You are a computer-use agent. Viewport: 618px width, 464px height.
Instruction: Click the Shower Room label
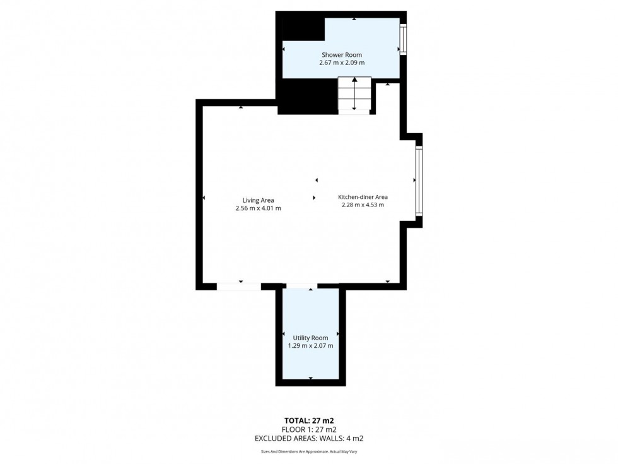[x=342, y=55]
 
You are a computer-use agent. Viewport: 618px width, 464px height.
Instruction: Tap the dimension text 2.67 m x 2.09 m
[x=342, y=63]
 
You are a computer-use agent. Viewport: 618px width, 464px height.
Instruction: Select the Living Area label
[x=259, y=200]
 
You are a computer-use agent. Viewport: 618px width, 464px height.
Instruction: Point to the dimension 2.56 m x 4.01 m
[x=259, y=208]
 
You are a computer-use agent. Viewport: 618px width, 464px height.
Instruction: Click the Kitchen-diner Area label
[x=363, y=196]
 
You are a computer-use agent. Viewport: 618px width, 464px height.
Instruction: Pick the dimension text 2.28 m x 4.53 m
[x=363, y=205]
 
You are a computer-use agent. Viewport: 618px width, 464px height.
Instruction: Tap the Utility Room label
[x=310, y=338]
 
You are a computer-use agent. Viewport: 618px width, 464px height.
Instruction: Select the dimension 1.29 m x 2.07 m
[x=310, y=346]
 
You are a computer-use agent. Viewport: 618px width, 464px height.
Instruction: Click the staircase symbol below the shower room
[x=354, y=95]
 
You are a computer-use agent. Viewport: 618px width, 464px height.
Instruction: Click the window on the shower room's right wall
[x=403, y=40]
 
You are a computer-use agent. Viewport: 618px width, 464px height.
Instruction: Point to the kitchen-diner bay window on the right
[x=417, y=181]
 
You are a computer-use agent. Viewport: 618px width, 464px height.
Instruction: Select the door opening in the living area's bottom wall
[x=238, y=286]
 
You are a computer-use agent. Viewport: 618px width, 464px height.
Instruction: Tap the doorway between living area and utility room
[x=301, y=287]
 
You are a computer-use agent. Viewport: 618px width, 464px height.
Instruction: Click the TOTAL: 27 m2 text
[x=309, y=420]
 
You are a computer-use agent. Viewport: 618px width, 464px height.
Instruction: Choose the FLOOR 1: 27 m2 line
[x=309, y=429]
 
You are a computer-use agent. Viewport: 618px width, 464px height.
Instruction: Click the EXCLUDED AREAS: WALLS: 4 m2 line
[x=309, y=438]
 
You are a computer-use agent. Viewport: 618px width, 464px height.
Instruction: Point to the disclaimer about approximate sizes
[x=309, y=451]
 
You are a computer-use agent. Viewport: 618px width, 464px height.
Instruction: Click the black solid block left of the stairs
[x=307, y=98]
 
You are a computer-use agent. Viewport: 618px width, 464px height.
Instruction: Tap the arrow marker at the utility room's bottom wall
[x=310, y=378]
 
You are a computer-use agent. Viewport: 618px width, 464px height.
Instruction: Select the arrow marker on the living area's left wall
[x=204, y=198]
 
